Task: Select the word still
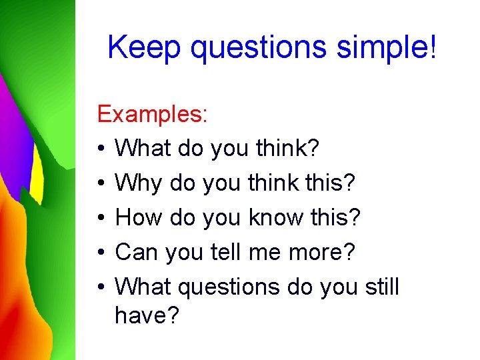click(x=382, y=287)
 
